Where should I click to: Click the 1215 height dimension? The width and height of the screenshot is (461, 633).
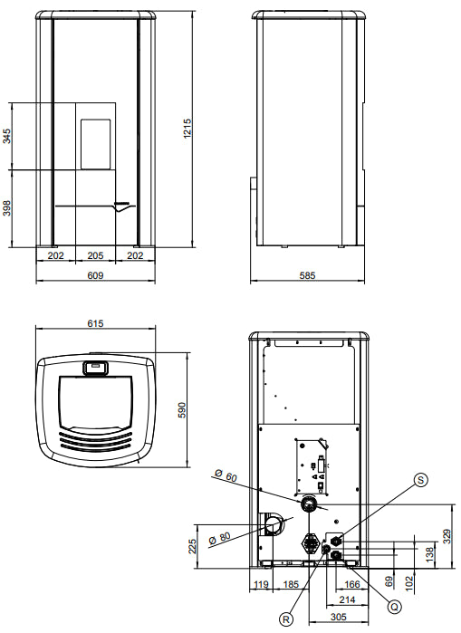187,129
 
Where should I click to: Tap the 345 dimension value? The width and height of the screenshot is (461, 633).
7,136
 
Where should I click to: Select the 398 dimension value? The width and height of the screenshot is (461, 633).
7,207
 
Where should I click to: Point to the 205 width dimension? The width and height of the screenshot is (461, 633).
95,255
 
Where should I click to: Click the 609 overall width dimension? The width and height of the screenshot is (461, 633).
96,275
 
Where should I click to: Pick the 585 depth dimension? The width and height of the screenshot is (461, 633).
307,275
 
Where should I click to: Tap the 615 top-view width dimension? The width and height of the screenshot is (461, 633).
95,323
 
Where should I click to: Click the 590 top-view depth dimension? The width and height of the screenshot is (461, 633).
182,410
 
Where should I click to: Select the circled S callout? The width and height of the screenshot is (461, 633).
421,480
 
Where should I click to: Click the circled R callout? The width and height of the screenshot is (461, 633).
286,619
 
